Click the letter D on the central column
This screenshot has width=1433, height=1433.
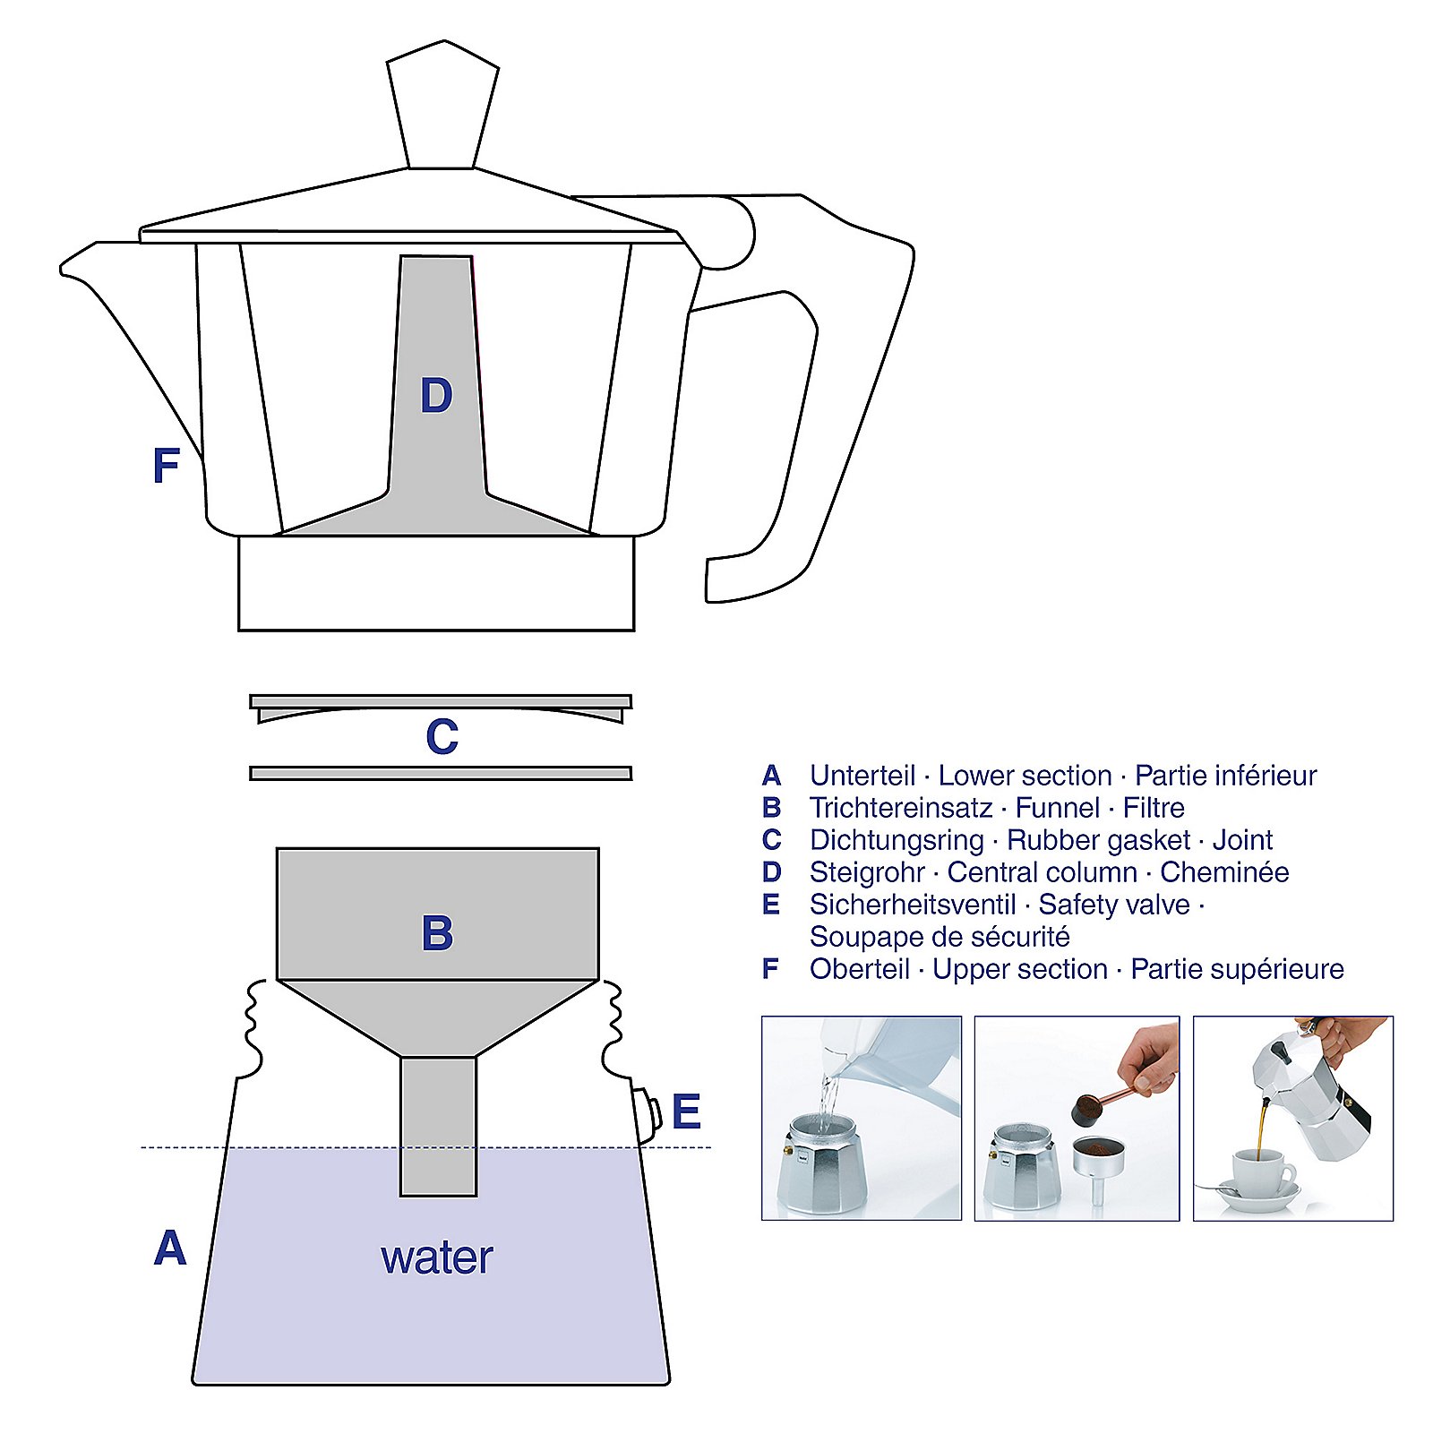pyautogui.click(x=436, y=396)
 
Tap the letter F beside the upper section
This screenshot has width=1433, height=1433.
pyautogui.click(x=167, y=466)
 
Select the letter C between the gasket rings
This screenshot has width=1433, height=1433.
pyautogui.click(x=442, y=737)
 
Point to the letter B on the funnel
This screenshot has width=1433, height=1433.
pyautogui.click(x=437, y=933)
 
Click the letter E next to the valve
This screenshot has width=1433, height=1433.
pyautogui.click(x=686, y=1112)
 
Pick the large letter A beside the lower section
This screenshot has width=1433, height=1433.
pyautogui.click(x=170, y=1249)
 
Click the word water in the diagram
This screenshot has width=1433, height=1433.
pyautogui.click(x=436, y=1257)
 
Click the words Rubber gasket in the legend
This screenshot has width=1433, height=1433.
pyautogui.click(x=1098, y=840)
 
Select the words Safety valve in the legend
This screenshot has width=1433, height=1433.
pyautogui.click(x=1113, y=905)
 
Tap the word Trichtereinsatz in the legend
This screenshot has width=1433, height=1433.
pyautogui.click(x=900, y=808)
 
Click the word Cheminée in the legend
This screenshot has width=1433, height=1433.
pyautogui.click(x=1223, y=872)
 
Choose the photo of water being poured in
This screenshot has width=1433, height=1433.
pyautogui.click(x=861, y=1118)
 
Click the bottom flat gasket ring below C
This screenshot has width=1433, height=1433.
pyautogui.click(x=441, y=773)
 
